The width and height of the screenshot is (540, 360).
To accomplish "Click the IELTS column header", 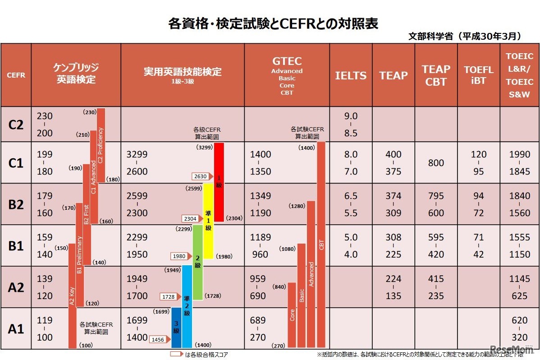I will point(351,75).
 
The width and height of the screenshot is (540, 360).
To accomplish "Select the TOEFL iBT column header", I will point(479,75).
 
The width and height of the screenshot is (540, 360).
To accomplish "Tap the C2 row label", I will point(16,125).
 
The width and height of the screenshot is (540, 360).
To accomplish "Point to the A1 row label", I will point(16,329).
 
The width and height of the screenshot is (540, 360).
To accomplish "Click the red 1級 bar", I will point(219,182).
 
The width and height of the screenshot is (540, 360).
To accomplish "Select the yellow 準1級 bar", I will point(208,221).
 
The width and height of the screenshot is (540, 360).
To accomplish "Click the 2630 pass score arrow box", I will point(201,176).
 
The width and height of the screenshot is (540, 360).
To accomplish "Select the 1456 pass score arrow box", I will point(159,340).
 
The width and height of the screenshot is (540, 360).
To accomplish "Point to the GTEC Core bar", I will point(292,315).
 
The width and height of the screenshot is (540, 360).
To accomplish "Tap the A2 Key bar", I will point(72,298).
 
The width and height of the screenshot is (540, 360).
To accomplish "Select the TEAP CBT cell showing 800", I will point(436,163).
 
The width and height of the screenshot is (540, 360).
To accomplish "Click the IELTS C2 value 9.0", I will point(351,116).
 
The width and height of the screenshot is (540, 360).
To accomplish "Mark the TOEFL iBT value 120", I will point(479,154).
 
